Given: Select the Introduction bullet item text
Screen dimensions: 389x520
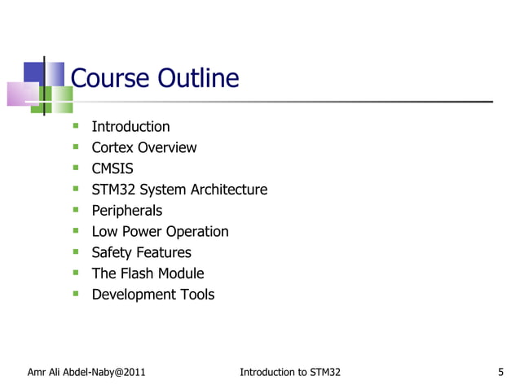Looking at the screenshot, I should pyautogui.click(x=130, y=127).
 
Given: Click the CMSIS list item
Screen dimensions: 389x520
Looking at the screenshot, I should pyautogui.click(x=112, y=168).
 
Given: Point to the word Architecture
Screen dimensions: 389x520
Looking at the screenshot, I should pyautogui.click(x=228, y=190).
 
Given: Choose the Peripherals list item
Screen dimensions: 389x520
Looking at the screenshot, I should pyautogui.click(x=126, y=211).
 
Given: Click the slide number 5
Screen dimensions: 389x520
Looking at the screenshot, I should pyautogui.click(x=500, y=373).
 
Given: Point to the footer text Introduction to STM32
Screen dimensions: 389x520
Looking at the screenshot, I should pyautogui.click(x=290, y=373).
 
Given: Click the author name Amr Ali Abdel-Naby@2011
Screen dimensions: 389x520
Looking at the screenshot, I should pyautogui.click(x=86, y=373).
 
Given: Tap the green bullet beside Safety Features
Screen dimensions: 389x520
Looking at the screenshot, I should pyautogui.click(x=75, y=251).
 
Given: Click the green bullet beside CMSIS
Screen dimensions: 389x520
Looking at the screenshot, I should pyautogui.click(x=75, y=168).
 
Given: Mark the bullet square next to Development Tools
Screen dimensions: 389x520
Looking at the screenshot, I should pyautogui.click(x=75, y=294).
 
